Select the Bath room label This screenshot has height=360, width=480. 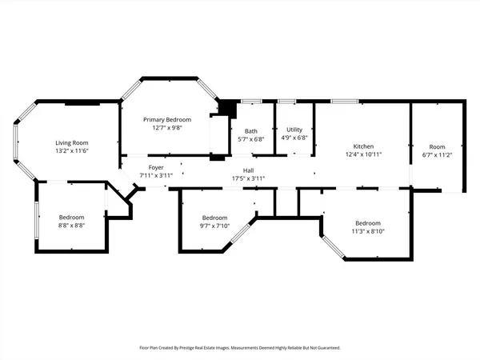pyautogui.click(x=251, y=131)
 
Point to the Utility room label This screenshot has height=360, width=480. pyautogui.click(x=294, y=130)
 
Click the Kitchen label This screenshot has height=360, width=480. pyautogui.click(x=364, y=146)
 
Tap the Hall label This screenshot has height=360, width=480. pyautogui.click(x=248, y=170)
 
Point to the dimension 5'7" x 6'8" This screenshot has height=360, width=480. pyautogui.click(x=251, y=139)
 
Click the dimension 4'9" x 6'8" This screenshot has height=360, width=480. pyautogui.click(x=294, y=138)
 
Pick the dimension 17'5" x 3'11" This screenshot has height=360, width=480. pyautogui.click(x=248, y=178)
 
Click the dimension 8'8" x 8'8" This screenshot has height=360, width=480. pyautogui.click(x=71, y=226)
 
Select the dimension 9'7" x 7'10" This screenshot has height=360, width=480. pyautogui.click(x=215, y=226)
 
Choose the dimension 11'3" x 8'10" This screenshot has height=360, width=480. pyautogui.click(x=368, y=231)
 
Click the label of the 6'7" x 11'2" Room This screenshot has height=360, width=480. pyautogui.click(x=437, y=146)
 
